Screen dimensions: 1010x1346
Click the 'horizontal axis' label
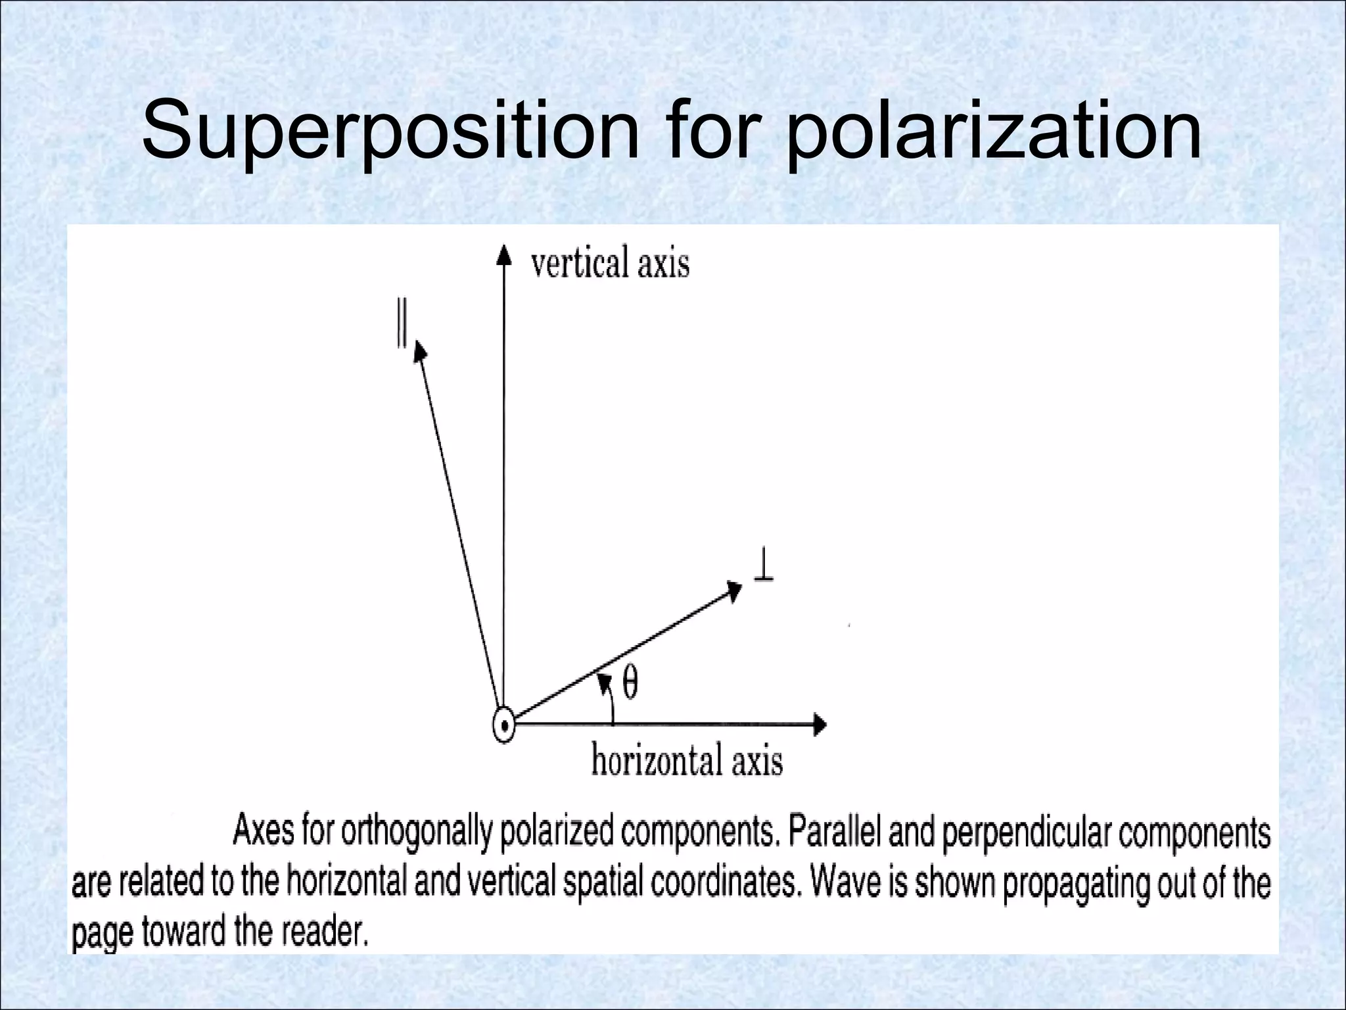687,761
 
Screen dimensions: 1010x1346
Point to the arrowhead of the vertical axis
503,253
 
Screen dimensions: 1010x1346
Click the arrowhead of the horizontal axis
820,725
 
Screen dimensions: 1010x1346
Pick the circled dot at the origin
503,727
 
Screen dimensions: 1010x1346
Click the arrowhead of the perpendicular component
733,589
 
